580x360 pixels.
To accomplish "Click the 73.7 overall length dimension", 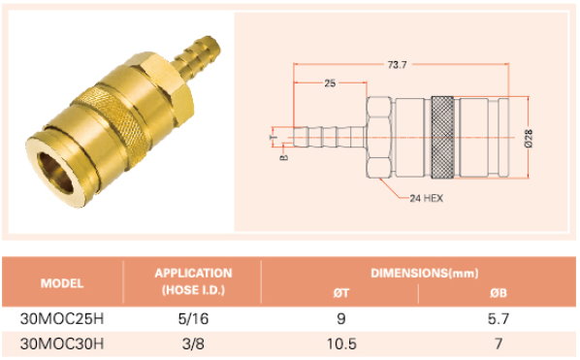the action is (x=397, y=65).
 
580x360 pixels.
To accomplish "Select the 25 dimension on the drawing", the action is (x=330, y=83).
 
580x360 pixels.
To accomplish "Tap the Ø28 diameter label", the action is (x=529, y=139).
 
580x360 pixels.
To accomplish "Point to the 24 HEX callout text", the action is (x=426, y=198).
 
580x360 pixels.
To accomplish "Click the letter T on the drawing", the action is (x=273, y=137).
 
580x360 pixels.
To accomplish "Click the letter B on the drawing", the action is (x=284, y=157).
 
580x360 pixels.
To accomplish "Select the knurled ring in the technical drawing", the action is (x=442, y=137).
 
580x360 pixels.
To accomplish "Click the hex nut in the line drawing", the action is (x=379, y=137).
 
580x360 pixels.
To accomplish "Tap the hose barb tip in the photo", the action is (x=214, y=43).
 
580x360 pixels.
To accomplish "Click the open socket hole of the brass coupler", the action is (x=56, y=173).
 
